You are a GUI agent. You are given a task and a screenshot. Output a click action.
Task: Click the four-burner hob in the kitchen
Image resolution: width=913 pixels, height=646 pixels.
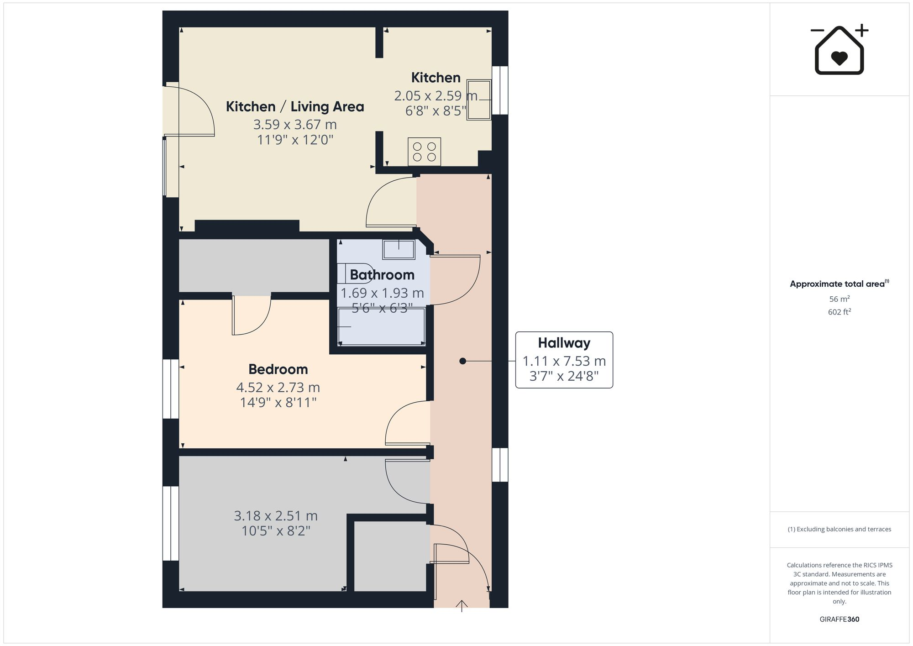click(424, 152)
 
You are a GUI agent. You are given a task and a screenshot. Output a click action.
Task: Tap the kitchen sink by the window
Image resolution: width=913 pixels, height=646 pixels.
click(478, 100)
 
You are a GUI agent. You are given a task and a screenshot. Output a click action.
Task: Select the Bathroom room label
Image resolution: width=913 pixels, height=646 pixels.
click(382, 275)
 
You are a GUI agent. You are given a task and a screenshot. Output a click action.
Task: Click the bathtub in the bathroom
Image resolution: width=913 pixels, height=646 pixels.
click(382, 326)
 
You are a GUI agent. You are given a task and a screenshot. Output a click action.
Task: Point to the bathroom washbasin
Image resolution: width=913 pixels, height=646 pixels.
click(399, 250)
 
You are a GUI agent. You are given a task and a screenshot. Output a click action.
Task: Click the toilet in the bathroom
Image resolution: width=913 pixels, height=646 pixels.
click(356, 273)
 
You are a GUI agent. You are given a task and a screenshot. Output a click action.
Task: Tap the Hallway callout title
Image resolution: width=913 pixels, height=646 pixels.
click(564, 343)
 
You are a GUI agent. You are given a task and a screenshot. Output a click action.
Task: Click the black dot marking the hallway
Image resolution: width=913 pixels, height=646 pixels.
click(462, 361)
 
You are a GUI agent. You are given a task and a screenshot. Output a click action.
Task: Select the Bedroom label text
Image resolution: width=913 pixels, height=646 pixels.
click(278, 369)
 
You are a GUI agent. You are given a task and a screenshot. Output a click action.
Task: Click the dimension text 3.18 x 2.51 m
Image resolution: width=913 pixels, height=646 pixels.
click(276, 516)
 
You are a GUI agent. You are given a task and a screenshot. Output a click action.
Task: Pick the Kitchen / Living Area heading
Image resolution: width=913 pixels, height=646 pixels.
click(295, 107)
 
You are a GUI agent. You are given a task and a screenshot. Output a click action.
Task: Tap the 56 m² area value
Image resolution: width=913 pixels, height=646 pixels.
click(839, 299)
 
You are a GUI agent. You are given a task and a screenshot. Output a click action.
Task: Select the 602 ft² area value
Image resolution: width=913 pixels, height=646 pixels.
click(839, 312)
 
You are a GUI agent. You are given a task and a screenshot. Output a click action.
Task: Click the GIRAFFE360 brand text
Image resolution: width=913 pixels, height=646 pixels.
click(839, 619)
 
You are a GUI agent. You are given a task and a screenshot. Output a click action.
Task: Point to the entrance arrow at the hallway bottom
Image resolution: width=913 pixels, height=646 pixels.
click(462, 606)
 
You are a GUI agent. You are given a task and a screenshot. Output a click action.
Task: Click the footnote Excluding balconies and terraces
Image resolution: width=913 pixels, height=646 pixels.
click(839, 529)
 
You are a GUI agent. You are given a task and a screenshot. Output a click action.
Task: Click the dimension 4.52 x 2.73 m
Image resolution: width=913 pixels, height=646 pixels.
click(278, 388)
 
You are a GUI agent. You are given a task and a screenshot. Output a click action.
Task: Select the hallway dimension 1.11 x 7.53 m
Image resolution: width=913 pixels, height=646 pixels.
click(564, 361)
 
